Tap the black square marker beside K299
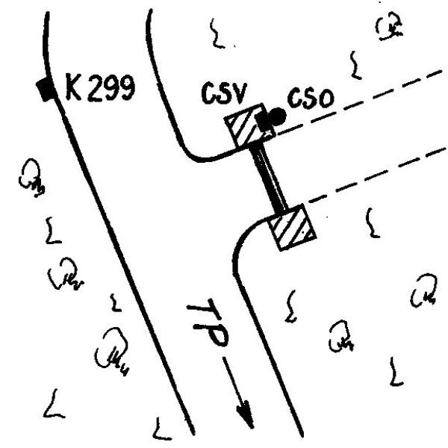click(x=47, y=90)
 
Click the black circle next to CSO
click(x=277, y=116)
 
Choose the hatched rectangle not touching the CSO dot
click(x=292, y=228)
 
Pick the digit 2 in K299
click(x=93, y=88)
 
